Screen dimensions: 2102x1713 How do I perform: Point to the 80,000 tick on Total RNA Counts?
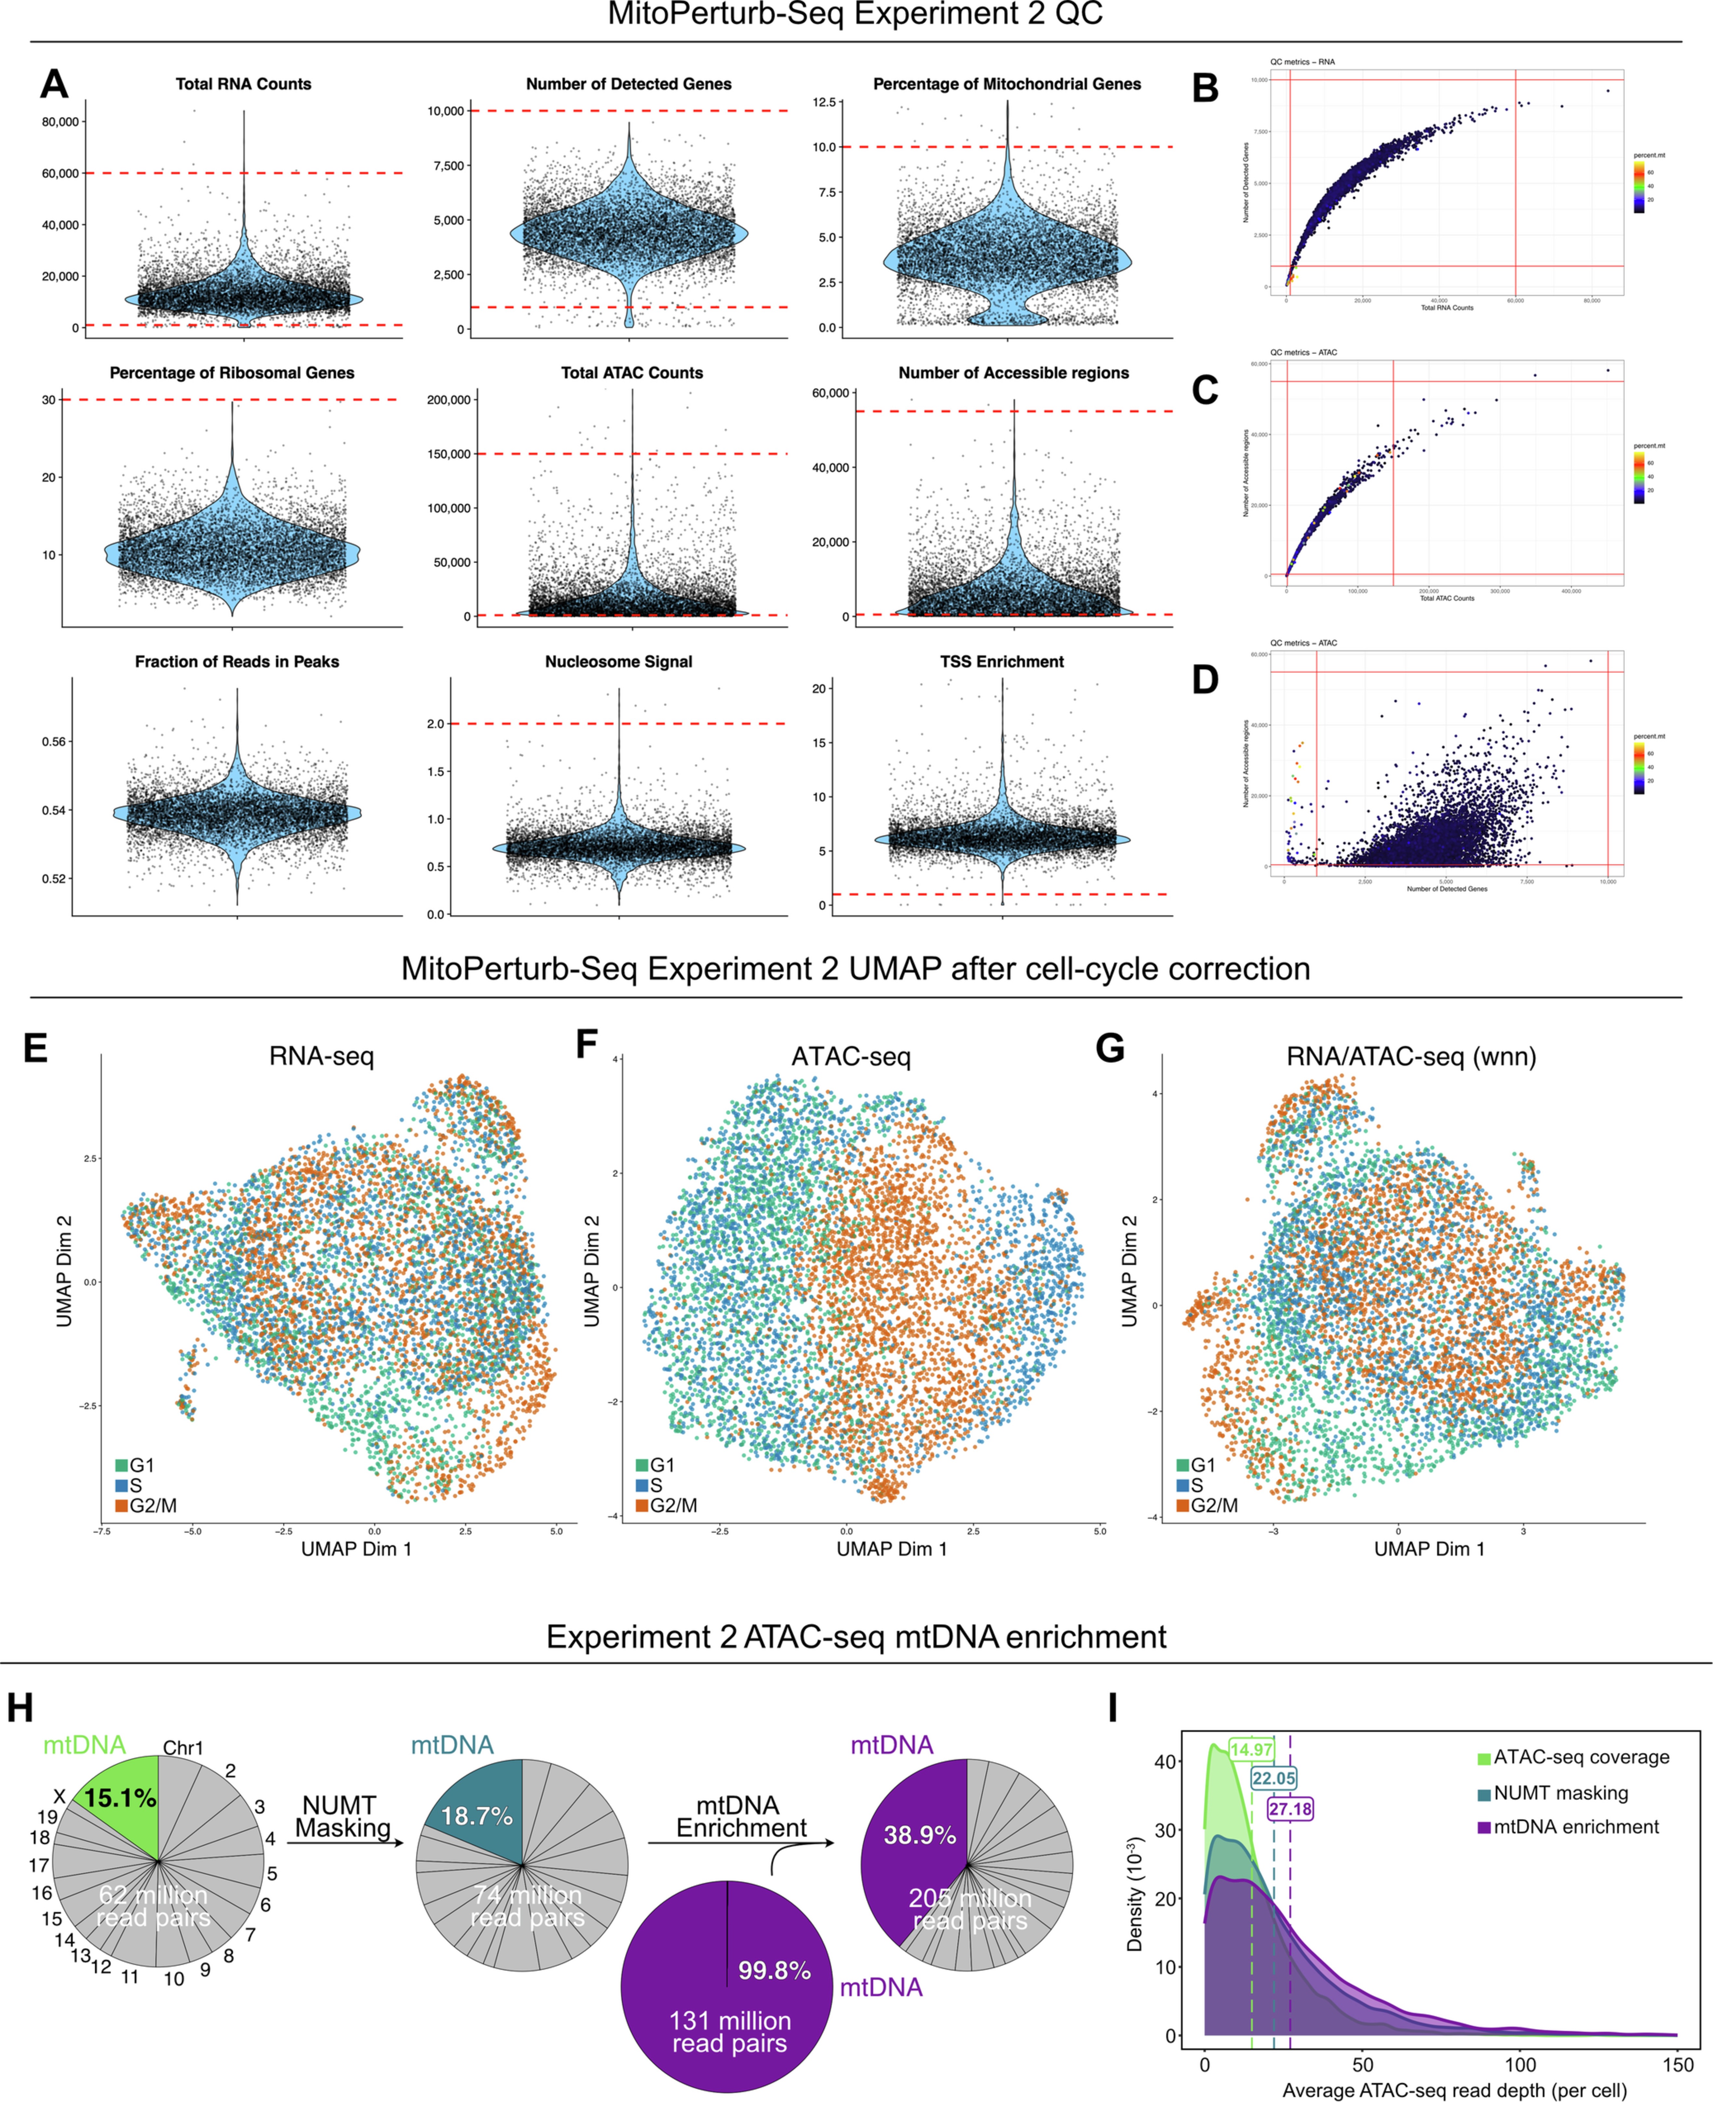pyautogui.click(x=59, y=121)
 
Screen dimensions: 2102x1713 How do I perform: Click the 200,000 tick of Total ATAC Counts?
pyautogui.click(x=449, y=400)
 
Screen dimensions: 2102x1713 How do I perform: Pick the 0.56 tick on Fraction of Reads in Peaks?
pyautogui.click(x=54, y=741)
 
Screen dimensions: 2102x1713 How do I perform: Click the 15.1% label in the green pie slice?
pyautogui.click(x=120, y=1798)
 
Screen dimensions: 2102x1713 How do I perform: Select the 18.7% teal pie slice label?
pyautogui.click(x=477, y=1816)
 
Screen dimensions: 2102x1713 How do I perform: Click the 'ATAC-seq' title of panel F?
pyautogui.click(x=851, y=1057)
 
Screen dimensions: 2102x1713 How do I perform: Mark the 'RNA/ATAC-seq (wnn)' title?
pyautogui.click(x=1411, y=1057)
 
